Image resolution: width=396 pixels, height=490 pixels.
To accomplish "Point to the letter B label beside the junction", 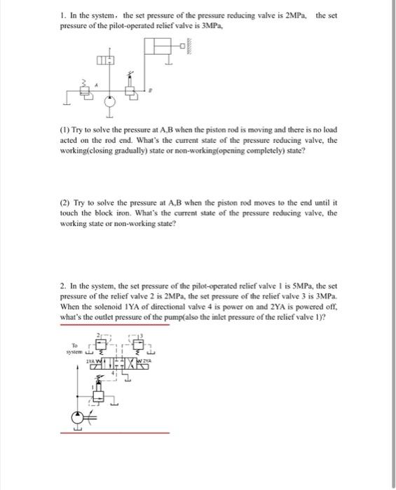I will click(146, 90).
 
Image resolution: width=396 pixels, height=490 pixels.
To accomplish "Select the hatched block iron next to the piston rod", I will click(189, 48).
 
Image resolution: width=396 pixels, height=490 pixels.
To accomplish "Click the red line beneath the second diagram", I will click(114, 432).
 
